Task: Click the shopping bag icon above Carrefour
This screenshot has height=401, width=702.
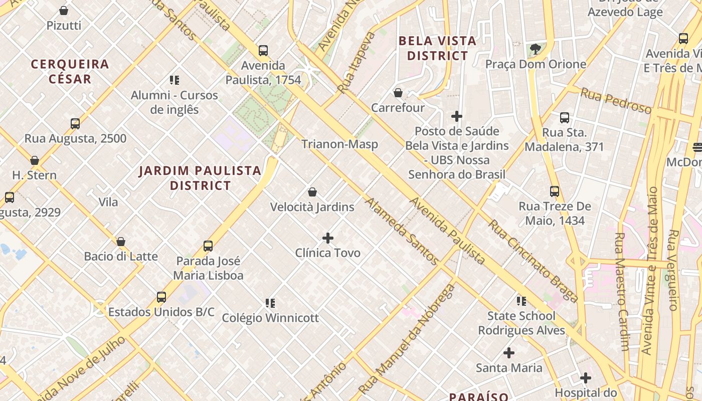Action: (x=398, y=93)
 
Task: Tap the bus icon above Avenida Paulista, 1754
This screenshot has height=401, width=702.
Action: (x=263, y=51)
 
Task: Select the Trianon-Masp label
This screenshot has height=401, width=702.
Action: (x=339, y=144)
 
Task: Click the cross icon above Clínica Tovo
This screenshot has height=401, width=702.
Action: (x=328, y=238)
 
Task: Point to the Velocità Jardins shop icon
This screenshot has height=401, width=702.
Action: (x=312, y=192)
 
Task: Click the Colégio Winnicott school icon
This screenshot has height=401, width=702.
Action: (x=270, y=303)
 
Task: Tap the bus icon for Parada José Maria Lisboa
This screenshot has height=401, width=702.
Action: (x=208, y=246)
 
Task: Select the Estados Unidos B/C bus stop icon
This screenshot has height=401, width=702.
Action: (x=161, y=297)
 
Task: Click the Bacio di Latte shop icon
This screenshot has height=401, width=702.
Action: (x=121, y=242)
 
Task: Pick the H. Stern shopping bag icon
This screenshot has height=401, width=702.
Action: (x=35, y=160)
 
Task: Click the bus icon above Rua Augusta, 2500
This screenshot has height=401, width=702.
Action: (x=75, y=124)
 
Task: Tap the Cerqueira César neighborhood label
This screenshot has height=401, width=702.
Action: (x=70, y=71)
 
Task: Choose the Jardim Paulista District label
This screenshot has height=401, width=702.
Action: (x=200, y=178)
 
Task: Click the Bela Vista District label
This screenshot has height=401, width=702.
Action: (x=437, y=48)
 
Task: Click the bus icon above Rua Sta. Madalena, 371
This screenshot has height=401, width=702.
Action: (x=565, y=118)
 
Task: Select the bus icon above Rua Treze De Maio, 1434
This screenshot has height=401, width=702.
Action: (x=555, y=191)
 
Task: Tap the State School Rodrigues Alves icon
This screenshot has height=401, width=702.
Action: (x=521, y=301)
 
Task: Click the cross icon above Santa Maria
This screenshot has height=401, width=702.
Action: (x=509, y=353)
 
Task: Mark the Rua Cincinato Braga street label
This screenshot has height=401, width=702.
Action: (x=534, y=261)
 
